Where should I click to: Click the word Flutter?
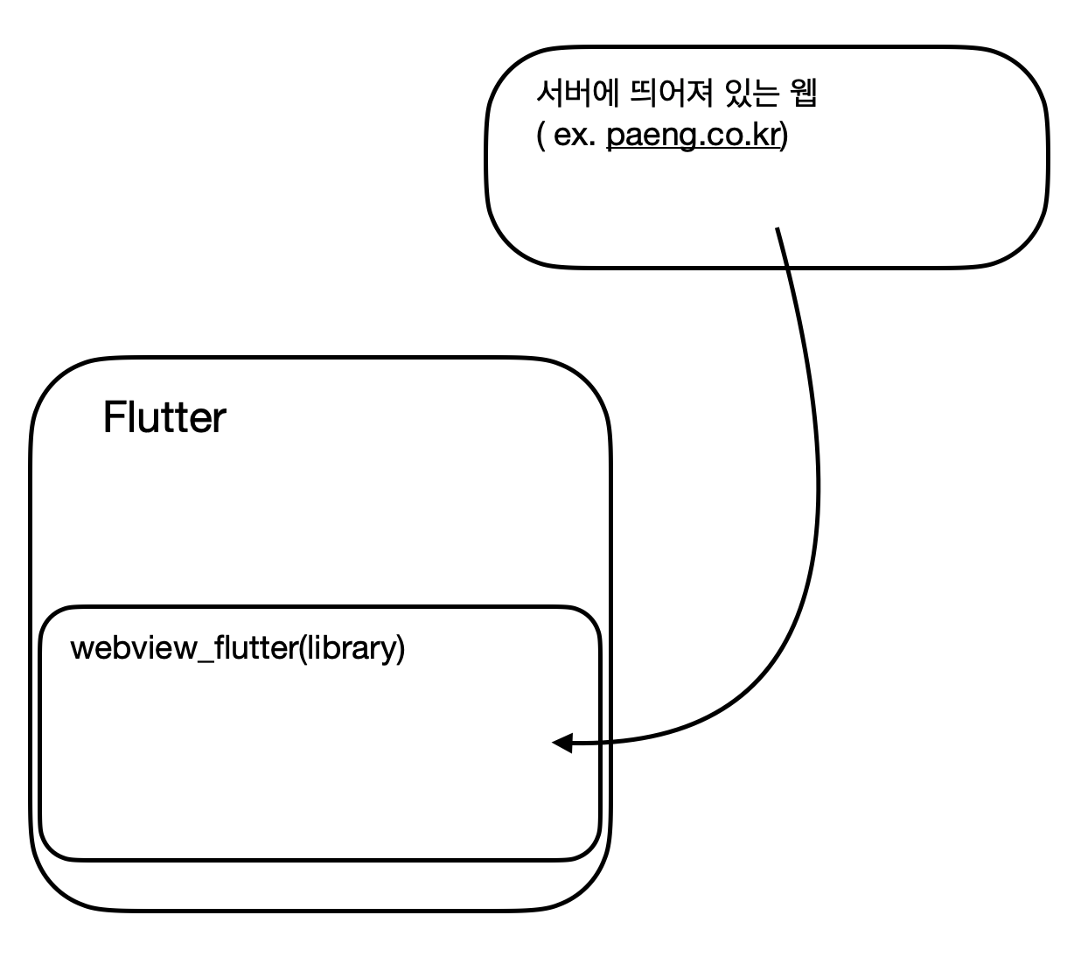[164, 418]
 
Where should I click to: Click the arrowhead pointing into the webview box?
[561, 744]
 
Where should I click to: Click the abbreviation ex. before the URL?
[575, 137]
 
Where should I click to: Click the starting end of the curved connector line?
[777, 229]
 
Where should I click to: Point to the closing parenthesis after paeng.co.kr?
[784, 137]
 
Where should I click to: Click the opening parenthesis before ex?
[540, 137]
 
